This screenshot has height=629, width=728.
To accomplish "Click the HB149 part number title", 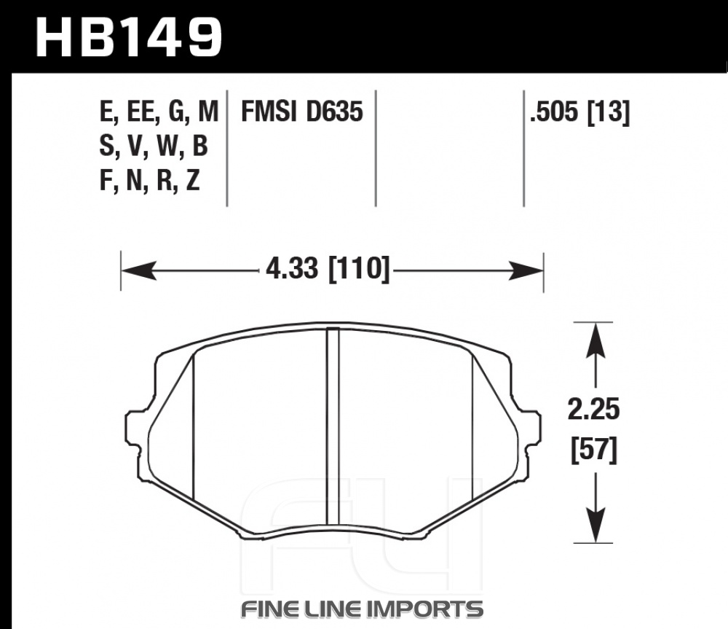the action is tap(129, 37).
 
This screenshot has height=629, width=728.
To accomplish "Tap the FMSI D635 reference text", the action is tap(302, 112).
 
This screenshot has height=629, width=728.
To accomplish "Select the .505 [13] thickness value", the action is tap(580, 112).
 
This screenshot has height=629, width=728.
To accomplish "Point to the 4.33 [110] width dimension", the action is tap(328, 269).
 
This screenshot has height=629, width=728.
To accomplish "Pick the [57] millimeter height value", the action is tap(594, 450).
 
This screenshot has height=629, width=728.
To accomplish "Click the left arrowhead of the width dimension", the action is tap(138, 270).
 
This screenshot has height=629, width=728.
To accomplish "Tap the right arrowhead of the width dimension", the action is tap(526, 270).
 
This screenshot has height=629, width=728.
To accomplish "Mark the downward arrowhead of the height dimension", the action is tap(596, 525).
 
